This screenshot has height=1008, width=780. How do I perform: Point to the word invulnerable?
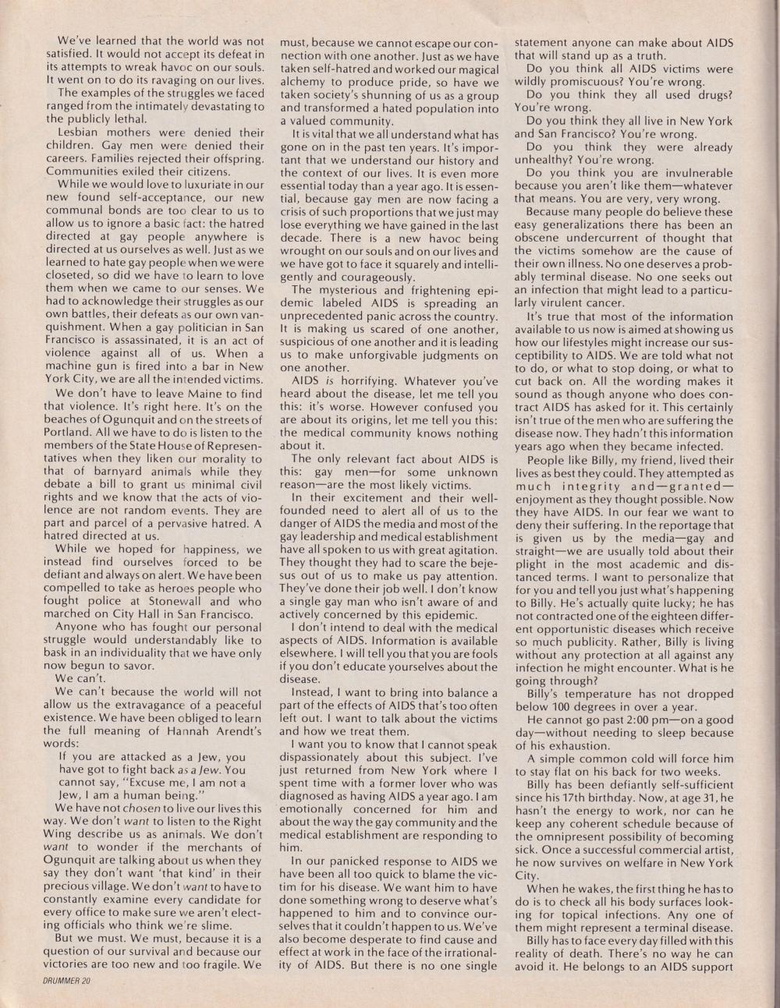coord(693,172)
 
